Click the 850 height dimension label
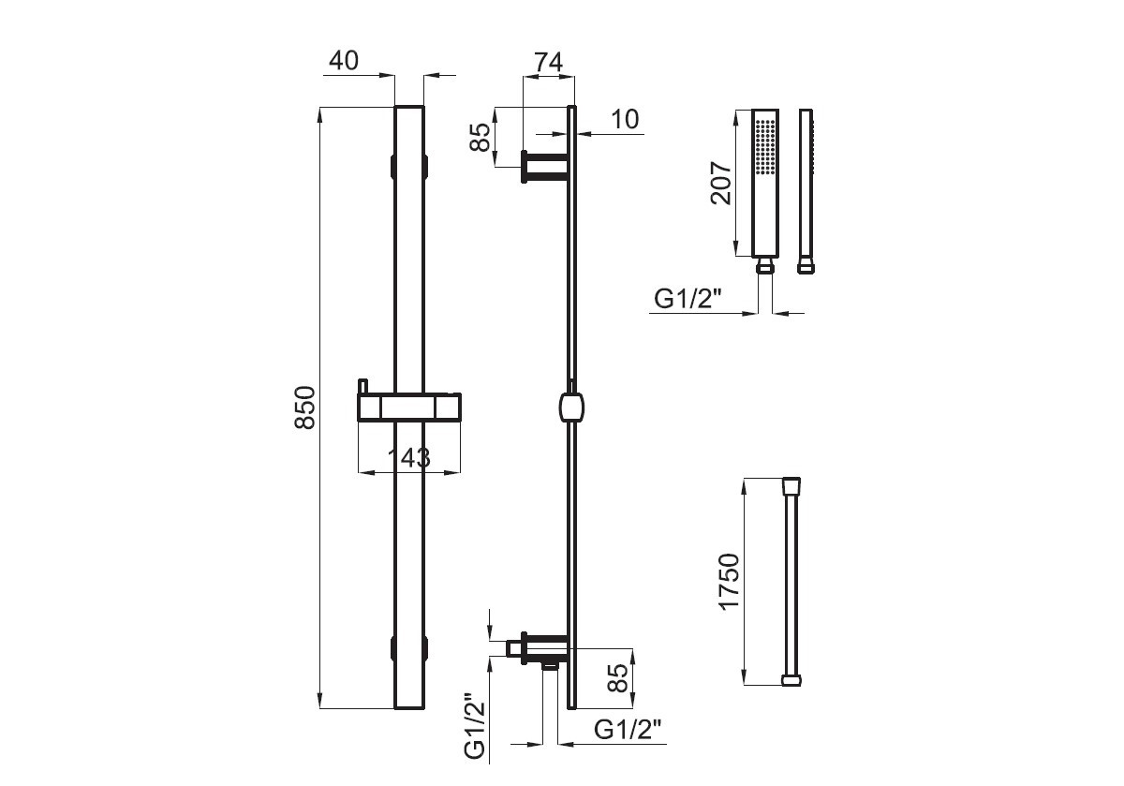[x=305, y=408]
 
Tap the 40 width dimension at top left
[x=344, y=61]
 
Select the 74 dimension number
[x=548, y=63]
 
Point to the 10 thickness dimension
[x=625, y=120]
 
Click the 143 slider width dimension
[x=409, y=458]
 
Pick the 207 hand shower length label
[x=722, y=183]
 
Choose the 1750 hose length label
[x=730, y=582]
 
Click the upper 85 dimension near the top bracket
[x=481, y=137]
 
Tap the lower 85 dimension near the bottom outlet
[x=617, y=678]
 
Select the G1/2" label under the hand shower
[x=688, y=300]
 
